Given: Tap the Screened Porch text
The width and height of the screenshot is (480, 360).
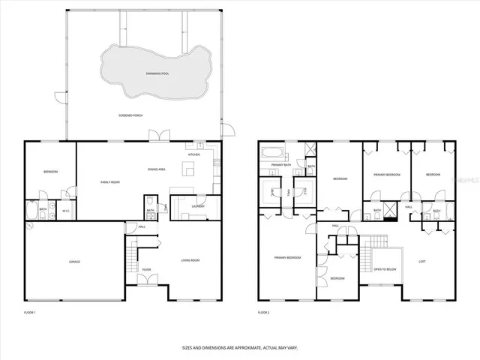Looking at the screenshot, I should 130,115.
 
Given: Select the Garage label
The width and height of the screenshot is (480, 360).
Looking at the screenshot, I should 74,262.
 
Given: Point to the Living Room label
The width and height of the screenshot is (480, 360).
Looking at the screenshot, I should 190,260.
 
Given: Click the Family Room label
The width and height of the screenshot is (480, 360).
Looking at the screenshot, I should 112,182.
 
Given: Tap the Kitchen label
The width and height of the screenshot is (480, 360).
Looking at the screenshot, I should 193,154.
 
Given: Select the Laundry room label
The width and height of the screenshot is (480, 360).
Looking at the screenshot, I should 198,205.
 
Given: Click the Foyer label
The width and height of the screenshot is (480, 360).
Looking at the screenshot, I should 147,269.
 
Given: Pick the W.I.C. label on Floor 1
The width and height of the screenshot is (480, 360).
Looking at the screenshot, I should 65,211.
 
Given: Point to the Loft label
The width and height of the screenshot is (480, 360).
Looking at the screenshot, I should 422,262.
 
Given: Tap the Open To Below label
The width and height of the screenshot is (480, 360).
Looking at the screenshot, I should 385,269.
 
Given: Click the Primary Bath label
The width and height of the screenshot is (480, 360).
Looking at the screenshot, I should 281,164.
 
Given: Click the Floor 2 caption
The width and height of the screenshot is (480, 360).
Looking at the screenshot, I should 263,311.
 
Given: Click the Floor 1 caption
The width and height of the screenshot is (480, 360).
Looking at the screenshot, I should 30,311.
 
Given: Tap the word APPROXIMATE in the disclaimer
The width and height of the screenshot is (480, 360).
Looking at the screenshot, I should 240,347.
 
